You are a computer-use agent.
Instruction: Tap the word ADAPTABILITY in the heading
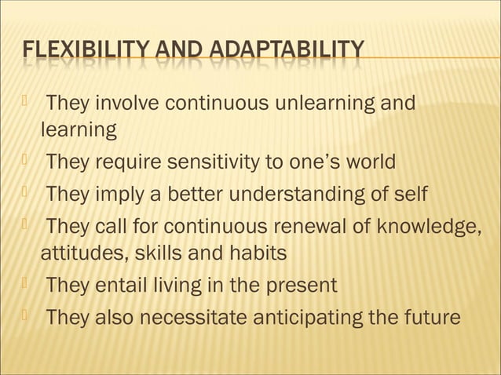click(295, 53)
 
